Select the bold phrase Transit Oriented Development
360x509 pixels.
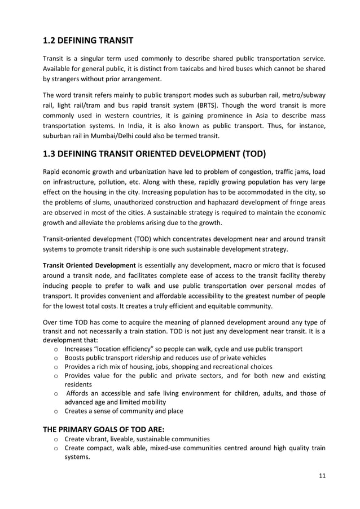(x=89, y=265)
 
